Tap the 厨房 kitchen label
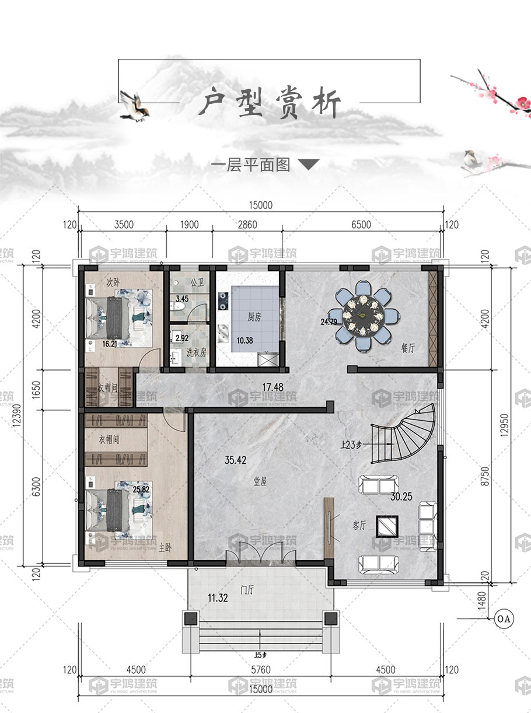pos(254,317)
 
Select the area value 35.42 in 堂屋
pos(235,460)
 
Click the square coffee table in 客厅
pos(387,526)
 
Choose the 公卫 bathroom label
pos(197,283)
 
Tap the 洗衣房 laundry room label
pos(196,352)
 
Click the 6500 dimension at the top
pos(361,225)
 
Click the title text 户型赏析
pos(270,103)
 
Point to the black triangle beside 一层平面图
pos(309,165)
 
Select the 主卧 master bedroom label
pos(165,547)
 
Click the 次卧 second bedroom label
pos(113,282)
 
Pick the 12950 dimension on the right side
pos(504,425)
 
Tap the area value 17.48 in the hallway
pos(273,387)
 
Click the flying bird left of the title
pos(134,106)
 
